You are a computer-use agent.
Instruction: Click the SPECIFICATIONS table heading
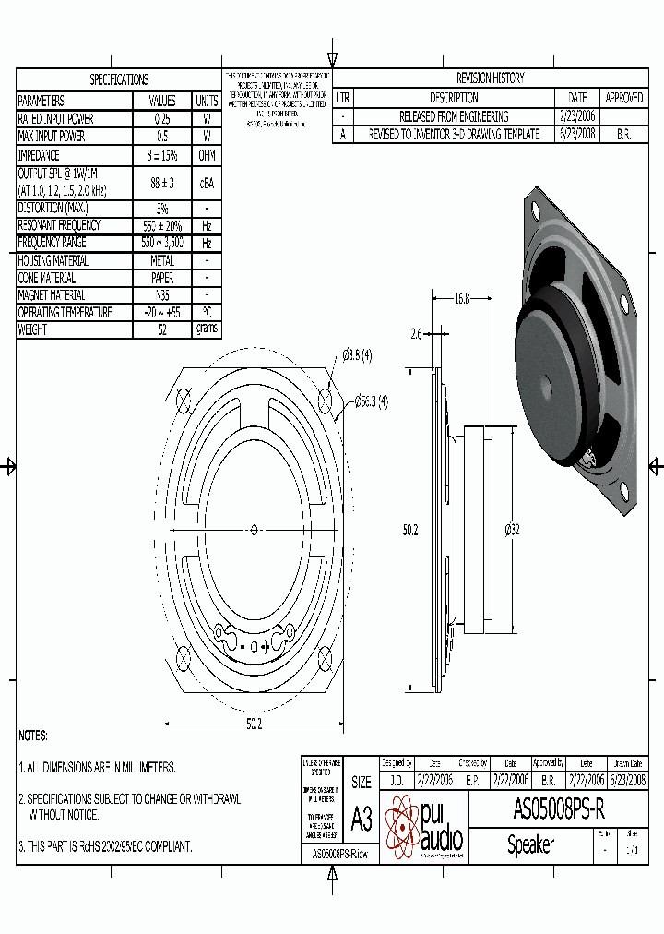(x=118, y=80)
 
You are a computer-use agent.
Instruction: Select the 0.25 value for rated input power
(x=161, y=119)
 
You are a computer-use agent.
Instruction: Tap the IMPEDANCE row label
(x=39, y=155)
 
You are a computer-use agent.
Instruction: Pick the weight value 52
(x=161, y=329)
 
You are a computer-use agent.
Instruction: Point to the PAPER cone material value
(x=161, y=278)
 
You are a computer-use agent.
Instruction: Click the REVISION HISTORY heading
(x=490, y=78)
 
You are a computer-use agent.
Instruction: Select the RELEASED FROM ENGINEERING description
(x=453, y=116)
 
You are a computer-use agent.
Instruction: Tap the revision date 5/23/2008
(x=577, y=134)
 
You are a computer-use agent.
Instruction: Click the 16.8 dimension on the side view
(x=462, y=299)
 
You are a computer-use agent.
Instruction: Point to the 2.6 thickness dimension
(x=416, y=335)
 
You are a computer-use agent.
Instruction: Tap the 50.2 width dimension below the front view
(x=254, y=724)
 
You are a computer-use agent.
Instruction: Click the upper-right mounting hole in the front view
(x=326, y=398)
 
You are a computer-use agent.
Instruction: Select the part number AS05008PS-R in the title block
(x=559, y=809)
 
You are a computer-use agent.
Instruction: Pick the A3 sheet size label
(x=362, y=819)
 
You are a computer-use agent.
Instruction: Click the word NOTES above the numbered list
(x=33, y=736)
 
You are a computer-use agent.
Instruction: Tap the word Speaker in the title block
(x=530, y=844)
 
